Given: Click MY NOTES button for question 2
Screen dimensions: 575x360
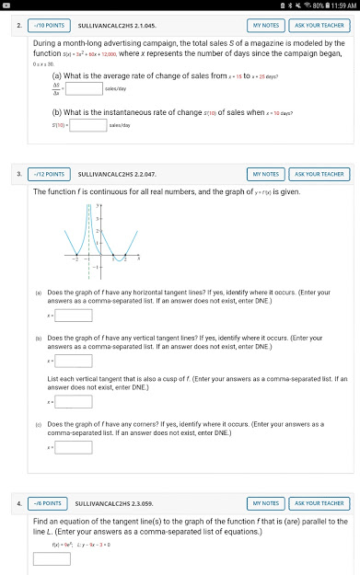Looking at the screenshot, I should click(x=265, y=25).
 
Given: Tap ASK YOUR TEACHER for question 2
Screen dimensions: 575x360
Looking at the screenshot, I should click(x=319, y=25).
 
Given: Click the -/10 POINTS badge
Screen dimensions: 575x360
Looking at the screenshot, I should click(x=48, y=25).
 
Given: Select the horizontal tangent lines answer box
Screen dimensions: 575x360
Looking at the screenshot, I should click(x=74, y=316).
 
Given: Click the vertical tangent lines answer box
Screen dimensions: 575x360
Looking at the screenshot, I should click(x=74, y=361).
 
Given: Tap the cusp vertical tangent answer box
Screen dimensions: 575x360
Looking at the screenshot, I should click(x=74, y=401).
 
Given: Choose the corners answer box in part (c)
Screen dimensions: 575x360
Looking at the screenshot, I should click(x=74, y=446).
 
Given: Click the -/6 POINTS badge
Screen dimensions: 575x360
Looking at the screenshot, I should click(x=47, y=503).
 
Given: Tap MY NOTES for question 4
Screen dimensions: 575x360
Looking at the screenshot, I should click(x=265, y=503).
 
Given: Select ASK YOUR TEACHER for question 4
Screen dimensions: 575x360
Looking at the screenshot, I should click(x=319, y=503).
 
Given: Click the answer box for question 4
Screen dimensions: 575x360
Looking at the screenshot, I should click(x=52, y=558).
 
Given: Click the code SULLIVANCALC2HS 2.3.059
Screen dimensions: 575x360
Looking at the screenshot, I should click(x=117, y=503).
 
